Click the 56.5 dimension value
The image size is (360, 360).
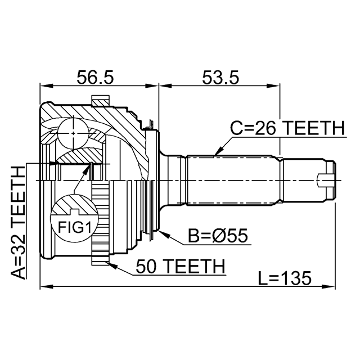[x=95, y=78]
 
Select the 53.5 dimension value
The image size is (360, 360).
[x=220, y=78]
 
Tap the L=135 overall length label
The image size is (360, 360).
[x=285, y=278]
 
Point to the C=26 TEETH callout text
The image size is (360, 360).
[x=287, y=128]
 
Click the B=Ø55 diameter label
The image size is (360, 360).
[x=218, y=236]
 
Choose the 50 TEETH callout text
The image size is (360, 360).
[x=181, y=266]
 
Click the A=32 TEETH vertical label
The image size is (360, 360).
[x=17, y=223]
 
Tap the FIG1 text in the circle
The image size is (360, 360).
[x=75, y=227]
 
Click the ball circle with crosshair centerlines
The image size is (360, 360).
[x=73, y=133]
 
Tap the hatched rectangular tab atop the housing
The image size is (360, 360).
[x=100, y=101]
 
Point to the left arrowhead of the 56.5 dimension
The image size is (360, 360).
[x=46, y=86]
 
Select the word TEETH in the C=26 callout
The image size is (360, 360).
[x=315, y=128]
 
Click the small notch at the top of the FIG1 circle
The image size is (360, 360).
[x=74, y=211]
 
